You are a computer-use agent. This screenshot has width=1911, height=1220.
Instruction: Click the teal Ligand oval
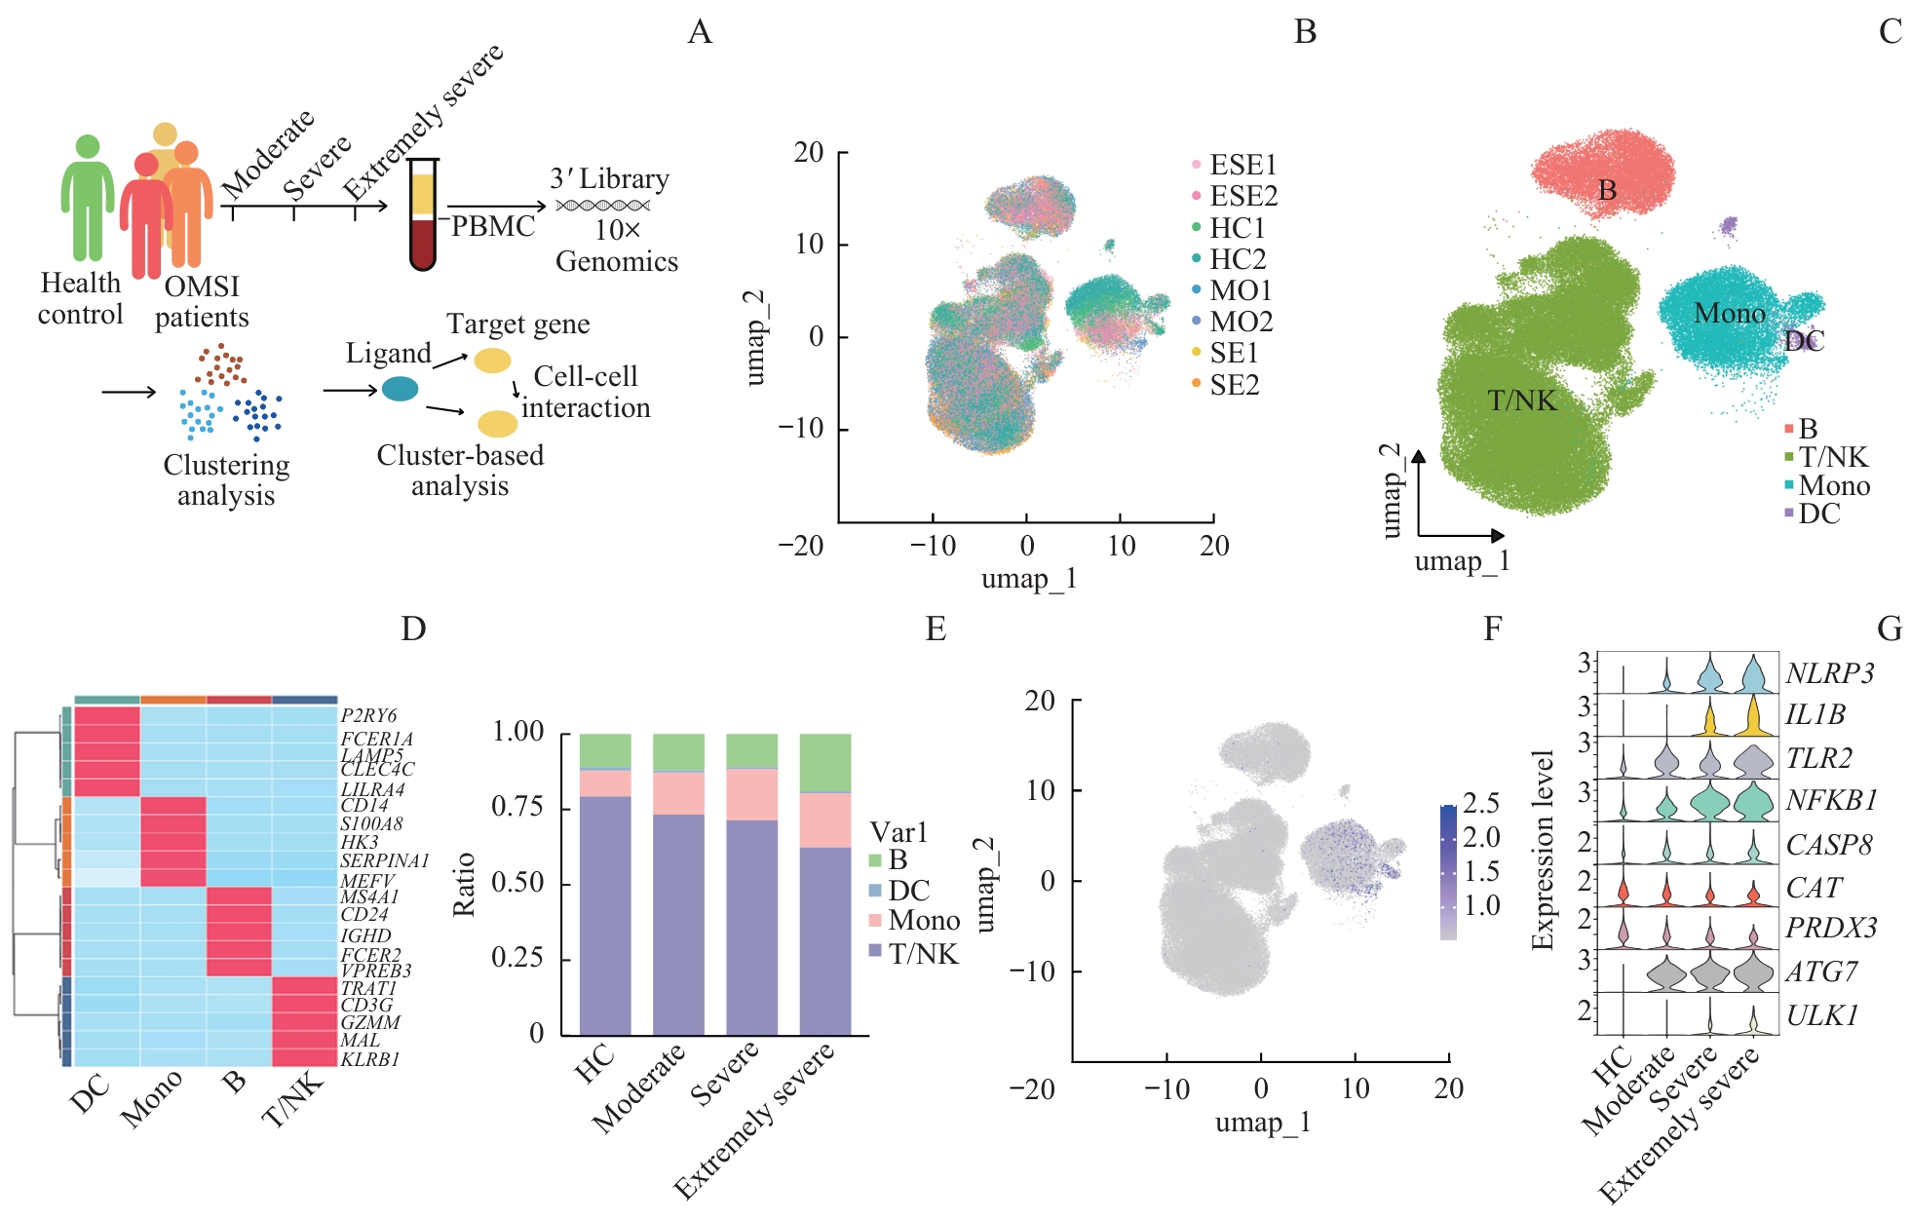click(400, 389)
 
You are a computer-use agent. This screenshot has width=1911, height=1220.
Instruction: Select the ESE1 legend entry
click(1242, 165)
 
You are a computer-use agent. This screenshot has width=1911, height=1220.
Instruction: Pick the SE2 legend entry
click(1234, 385)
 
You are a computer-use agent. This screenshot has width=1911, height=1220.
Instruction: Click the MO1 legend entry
click(1240, 290)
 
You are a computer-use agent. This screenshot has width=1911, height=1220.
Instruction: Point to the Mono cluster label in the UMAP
click(1729, 314)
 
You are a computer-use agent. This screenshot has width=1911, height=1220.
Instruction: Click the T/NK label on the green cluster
click(1521, 400)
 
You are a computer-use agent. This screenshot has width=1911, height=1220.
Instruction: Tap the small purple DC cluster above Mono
click(1729, 226)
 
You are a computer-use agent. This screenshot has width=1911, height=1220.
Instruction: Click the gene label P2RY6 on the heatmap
click(368, 716)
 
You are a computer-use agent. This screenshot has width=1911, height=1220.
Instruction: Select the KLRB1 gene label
click(369, 1059)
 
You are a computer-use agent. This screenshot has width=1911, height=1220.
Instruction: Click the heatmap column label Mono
click(151, 1098)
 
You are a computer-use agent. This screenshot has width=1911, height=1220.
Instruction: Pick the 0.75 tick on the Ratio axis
click(517, 807)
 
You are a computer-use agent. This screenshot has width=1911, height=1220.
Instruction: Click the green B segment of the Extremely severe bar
click(825, 763)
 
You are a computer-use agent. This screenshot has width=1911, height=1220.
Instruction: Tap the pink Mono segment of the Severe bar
click(751, 794)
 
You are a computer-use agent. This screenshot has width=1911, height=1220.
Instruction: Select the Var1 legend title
click(898, 832)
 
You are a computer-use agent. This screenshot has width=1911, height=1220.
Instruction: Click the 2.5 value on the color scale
click(1480, 804)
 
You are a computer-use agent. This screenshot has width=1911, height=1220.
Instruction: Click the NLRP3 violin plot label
click(1829, 673)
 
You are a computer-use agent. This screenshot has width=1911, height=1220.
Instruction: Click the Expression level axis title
click(1542, 850)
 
